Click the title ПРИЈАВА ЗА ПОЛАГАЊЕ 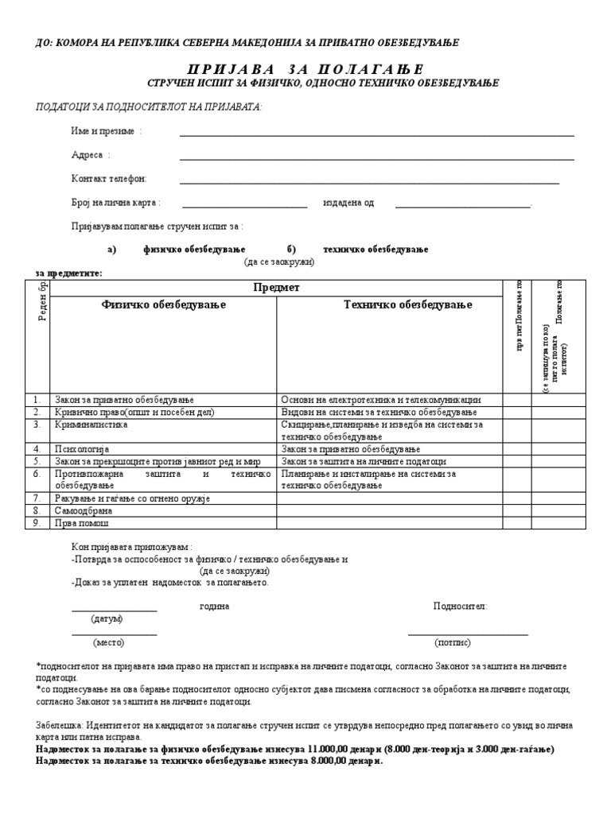pyautogui.click(x=305, y=69)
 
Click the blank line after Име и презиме pyautogui.click(x=376, y=136)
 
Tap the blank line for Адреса pyautogui.click(x=376, y=159)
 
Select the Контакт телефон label pyautogui.click(x=109, y=179)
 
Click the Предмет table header pyautogui.click(x=276, y=288)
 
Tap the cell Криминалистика pyautogui.click(x=91, y=424)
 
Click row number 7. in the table pyautogui.click(x=37, y=498)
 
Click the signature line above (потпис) pyautogui.click(x=468, y=634)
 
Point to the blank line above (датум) pyautogui.click(x=114, y=610)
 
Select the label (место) pyautogui.click(x=109, y=642)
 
